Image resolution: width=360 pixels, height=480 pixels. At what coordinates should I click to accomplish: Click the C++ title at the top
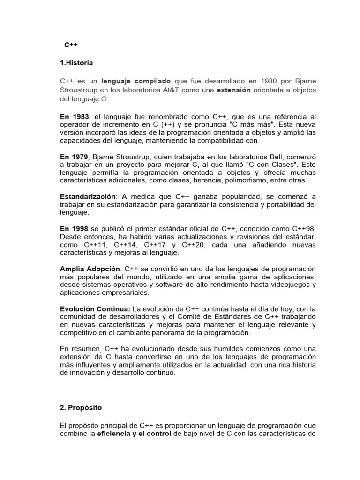[71, 45]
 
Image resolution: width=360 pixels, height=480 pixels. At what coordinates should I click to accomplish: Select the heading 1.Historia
[76, 63]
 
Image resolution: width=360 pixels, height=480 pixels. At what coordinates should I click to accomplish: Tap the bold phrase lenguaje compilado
[136, 81]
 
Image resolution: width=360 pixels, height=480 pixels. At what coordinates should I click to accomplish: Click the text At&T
[160, 90]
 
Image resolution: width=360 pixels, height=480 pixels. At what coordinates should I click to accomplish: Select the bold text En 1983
[75, 116]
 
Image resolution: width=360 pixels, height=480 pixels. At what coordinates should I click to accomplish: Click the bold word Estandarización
[87, 196]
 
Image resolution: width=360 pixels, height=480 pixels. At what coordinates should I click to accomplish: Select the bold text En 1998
[75, 228]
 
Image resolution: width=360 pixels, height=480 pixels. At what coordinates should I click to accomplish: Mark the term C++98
[304, 228]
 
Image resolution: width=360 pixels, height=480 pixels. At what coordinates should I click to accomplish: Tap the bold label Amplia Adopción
[90, 269]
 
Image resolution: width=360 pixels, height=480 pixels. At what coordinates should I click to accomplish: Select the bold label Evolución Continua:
[95, 309]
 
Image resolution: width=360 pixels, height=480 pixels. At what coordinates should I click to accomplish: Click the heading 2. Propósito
[81, 407]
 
